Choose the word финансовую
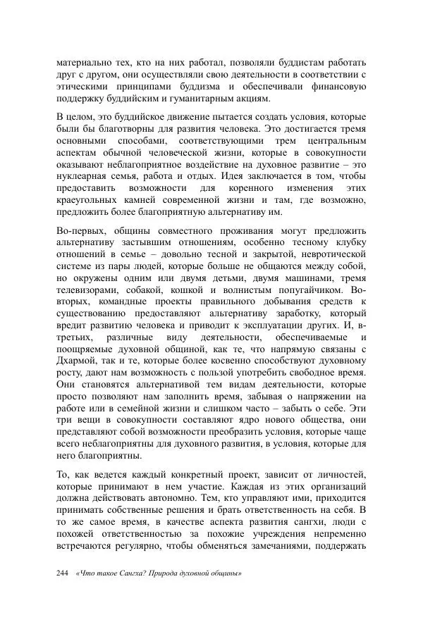click(x=338, y=87)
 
